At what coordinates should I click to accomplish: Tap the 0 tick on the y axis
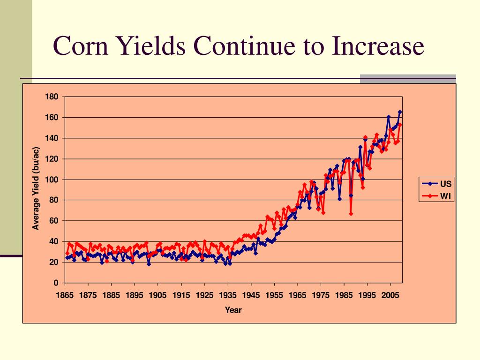point(56,283)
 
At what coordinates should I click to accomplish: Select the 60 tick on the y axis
point(53,221)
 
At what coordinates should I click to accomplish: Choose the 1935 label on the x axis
point(228,296)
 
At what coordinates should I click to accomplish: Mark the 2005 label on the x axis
point(390,296)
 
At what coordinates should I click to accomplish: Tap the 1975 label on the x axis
point(321,296)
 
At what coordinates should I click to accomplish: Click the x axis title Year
point(233,310)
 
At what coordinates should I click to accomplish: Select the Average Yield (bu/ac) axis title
point(36,189)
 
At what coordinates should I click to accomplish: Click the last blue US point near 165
point(400,112)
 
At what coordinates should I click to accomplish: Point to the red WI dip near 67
point(351,214)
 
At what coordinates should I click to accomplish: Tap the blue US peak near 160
point(389,117)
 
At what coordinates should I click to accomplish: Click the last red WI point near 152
point(400,125)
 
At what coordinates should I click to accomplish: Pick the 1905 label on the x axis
point(158,296)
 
